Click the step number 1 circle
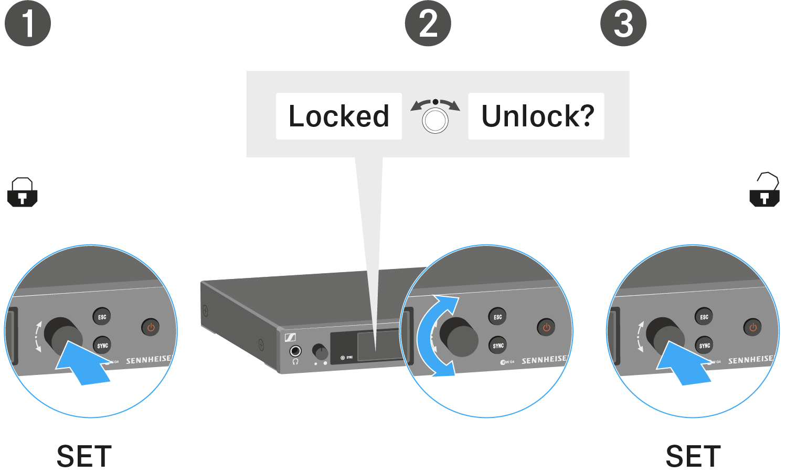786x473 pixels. [28, 24]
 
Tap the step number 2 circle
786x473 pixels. [428, 24]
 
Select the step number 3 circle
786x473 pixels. [623, 24]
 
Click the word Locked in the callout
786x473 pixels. [339, 116]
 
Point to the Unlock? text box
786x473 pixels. [536, 116]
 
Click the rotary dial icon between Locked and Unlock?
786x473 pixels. [435, 116]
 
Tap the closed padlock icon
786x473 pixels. [23, 192]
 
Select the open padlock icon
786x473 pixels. [764, 190]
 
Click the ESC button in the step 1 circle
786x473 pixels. [102, 317]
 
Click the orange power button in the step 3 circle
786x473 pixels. [752, 327]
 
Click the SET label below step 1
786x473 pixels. [84, 456]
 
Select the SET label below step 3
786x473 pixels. [693, 456]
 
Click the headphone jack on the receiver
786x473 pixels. [296, 351]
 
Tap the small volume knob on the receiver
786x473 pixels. [320, 351]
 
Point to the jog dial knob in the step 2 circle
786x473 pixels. [459, 337]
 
